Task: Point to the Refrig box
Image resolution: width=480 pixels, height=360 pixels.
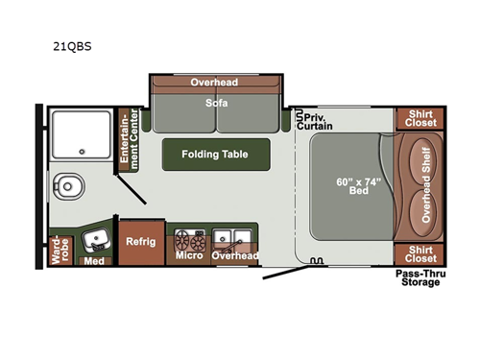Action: click(140, 242)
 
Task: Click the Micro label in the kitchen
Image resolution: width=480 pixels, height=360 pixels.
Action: click(188, 255)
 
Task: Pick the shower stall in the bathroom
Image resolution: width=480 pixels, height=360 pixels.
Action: click(79, 134)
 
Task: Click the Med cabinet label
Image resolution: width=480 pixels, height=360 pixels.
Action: click(93, 260)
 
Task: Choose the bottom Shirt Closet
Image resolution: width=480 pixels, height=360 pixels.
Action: click(420, 253)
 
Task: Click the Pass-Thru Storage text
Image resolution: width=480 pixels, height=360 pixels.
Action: click(420, 278)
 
